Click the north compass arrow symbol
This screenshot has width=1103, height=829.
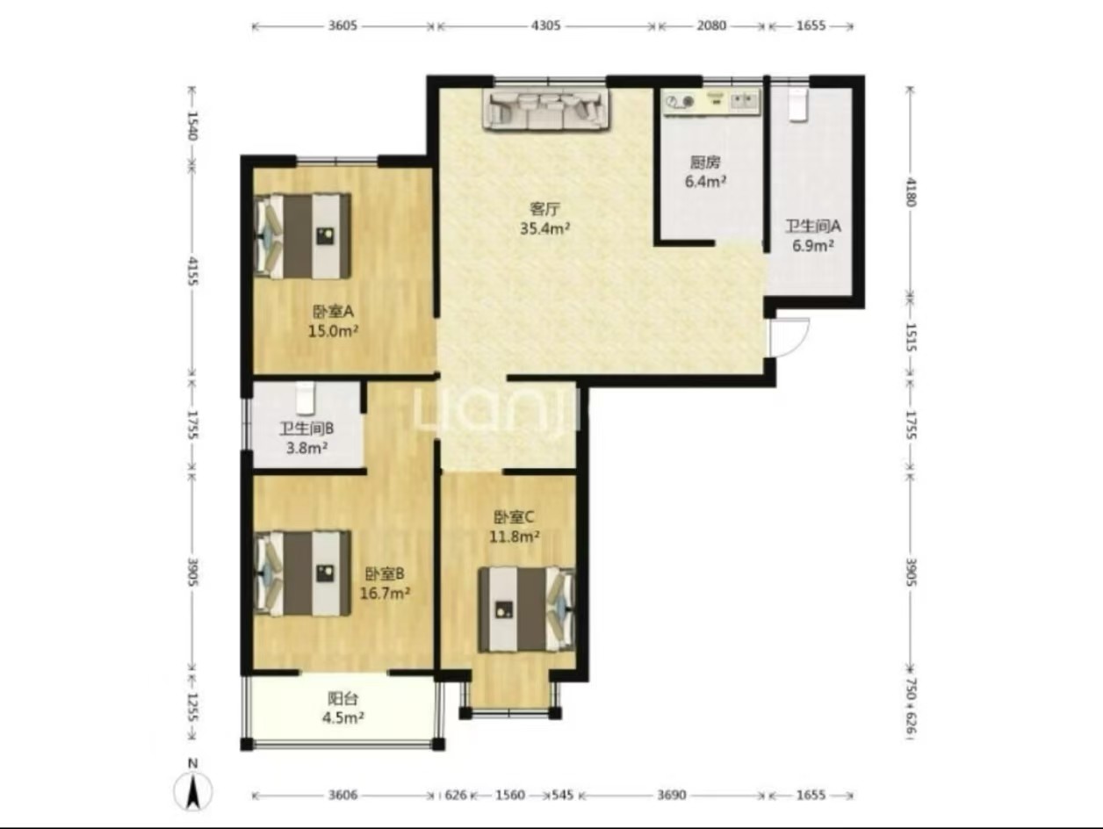(193, 791)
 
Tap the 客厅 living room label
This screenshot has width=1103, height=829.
(544, 208)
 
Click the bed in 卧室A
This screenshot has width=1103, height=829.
(303, 236)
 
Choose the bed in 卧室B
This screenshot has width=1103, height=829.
(303, 573)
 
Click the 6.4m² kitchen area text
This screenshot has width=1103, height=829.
(705, 182)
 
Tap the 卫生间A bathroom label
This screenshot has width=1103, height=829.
(812, 226)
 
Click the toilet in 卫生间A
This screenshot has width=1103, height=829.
(797, 104)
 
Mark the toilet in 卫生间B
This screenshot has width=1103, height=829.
(305, 398)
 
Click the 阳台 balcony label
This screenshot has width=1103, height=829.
(343, 698)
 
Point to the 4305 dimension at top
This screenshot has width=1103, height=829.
(545, 25)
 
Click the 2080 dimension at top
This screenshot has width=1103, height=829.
(711, 25)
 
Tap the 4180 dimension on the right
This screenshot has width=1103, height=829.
(911, 192)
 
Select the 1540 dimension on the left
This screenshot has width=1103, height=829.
(192, 126)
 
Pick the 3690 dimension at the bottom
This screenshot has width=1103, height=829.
(671, 795)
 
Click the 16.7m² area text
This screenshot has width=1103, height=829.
(385, 594)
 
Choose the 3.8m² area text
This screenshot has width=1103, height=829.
(307, 447)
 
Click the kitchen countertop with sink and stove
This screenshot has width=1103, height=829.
(710, 103)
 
